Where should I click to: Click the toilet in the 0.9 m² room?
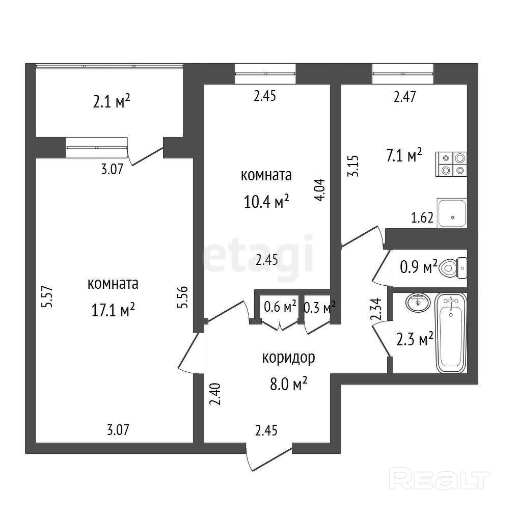[453, 266]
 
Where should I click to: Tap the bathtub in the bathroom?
[451, 334]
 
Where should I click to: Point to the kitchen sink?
[452, 213]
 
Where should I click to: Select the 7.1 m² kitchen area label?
[404, 155]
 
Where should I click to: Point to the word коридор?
[288, 358]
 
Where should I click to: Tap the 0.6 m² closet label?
[280, 307]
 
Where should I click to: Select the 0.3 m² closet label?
[319, 307]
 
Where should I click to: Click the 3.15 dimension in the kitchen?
[352, 166]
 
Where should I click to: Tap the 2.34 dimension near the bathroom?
[377, 309]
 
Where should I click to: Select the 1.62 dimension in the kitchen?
[422, 219]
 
